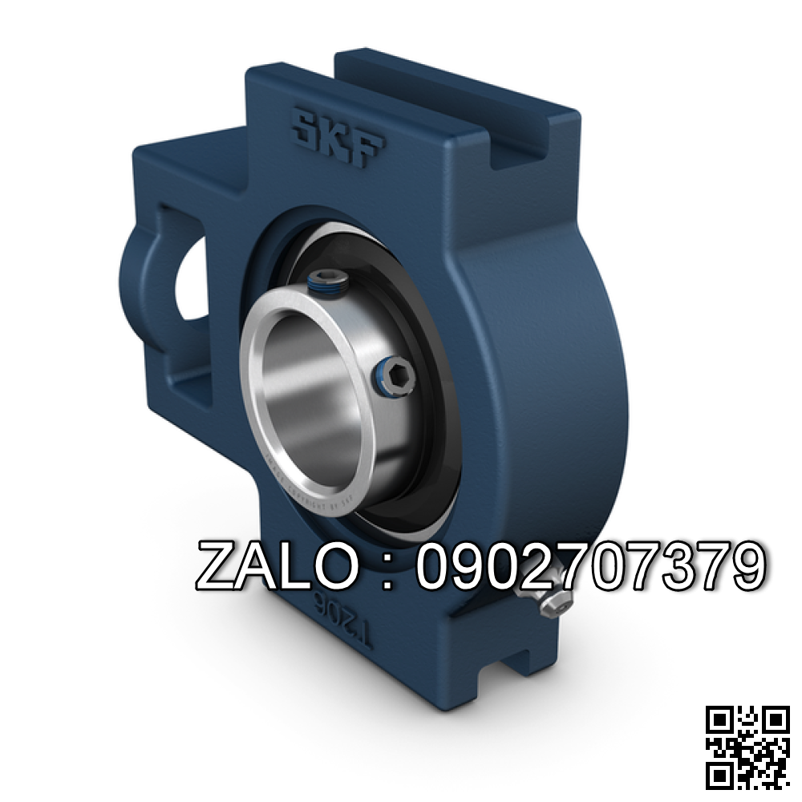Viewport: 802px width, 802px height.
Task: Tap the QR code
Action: [x=747, y=747]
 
